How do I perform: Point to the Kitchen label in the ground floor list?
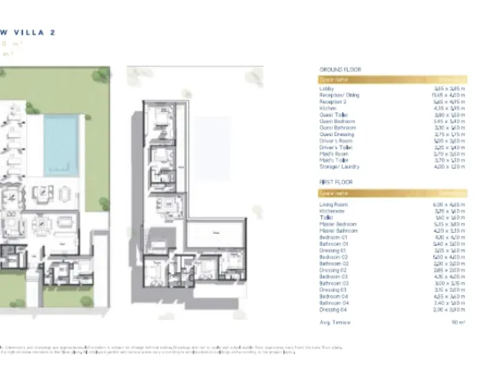click(x=327, y=108)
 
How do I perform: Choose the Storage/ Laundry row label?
click(x=337, y=166)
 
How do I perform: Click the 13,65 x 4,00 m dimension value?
click(x=449, y=95)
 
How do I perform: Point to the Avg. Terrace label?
click(x=333, y=323)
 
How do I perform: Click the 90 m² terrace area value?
click(x=458, y=323)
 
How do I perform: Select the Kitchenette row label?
click(x=331, y=211)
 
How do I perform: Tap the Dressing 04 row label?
click(x=332, y=308)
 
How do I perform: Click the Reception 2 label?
click(x=333, y=102)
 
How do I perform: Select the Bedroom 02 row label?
click(x=332, y=257)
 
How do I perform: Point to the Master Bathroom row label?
click(x=337, y=230)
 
